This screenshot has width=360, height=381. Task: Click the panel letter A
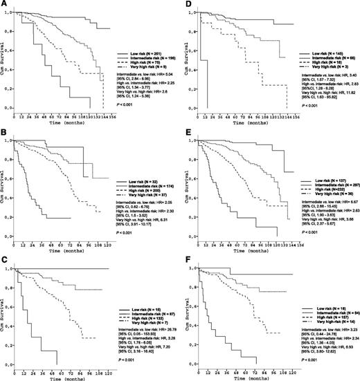pyautogui.click(x=5, y=6)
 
